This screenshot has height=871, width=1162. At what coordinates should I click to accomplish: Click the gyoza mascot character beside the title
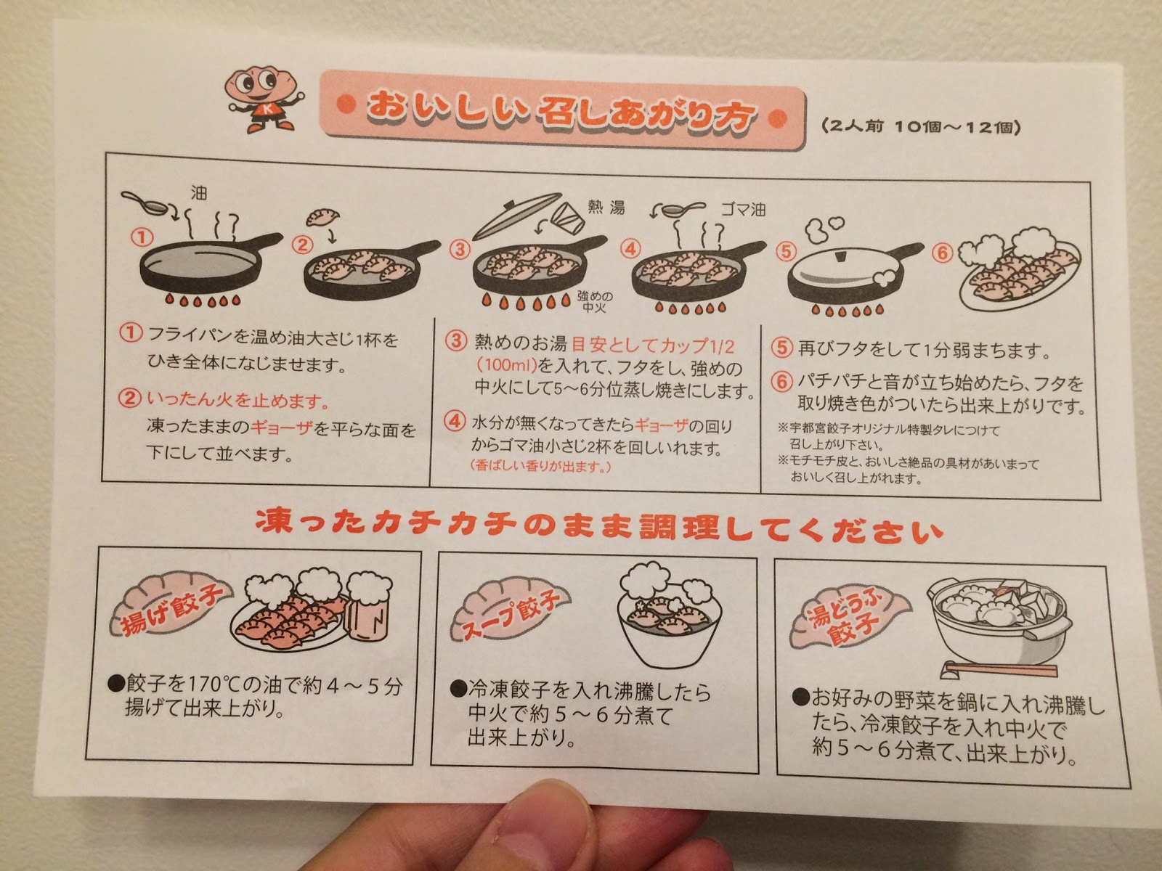pos(263,99)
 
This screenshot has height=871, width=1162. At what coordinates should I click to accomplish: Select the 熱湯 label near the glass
pos(606,207)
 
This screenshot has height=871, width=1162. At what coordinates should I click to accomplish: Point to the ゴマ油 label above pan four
pos(743,210)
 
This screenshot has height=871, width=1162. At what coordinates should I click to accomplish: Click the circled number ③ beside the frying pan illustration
pos(460,249)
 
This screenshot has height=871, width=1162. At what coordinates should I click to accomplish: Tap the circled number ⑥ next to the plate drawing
pos(942,253)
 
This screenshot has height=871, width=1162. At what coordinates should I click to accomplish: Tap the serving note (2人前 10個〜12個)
pos(920,128)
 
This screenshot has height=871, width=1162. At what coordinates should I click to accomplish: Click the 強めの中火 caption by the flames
pos(595,301)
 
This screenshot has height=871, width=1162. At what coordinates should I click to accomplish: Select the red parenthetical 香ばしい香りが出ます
pos(540,466)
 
